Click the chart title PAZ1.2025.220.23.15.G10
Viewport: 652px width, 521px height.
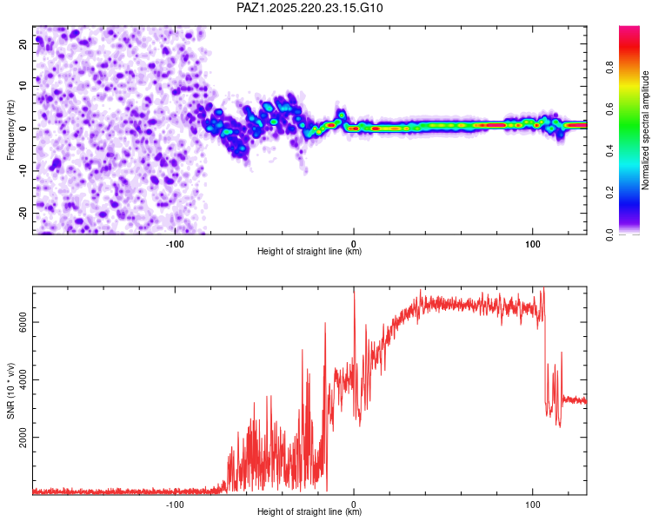pos(309,8)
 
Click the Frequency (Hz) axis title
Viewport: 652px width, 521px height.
pos(10,130)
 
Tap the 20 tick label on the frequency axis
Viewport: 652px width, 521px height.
pos(23,43)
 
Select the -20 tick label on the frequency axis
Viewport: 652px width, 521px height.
pos(23,213)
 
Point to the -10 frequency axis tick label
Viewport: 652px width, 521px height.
pos(23,171)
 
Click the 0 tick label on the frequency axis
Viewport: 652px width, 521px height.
pos(23,129)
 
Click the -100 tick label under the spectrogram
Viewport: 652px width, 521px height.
pos(175,244)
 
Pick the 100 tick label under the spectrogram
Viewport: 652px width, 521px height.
pos(533,244)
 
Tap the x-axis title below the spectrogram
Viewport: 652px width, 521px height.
pos(309,251)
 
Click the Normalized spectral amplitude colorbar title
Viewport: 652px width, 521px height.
pos(645,130)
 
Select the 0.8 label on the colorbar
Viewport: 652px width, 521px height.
pos(610,68)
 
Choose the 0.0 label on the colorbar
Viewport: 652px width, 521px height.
pos(610,234)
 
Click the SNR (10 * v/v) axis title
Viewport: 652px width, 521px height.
pos(10,391)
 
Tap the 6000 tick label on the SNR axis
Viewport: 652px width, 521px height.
pos(23,322)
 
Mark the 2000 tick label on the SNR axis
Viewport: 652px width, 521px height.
pos(23,437)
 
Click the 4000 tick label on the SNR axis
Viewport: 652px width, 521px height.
pos(23,379)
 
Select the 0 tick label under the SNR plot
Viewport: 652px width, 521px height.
pos(354,505)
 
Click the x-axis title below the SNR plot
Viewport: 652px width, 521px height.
pos(309,511)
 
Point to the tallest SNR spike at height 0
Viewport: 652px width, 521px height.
pos(355,291)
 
